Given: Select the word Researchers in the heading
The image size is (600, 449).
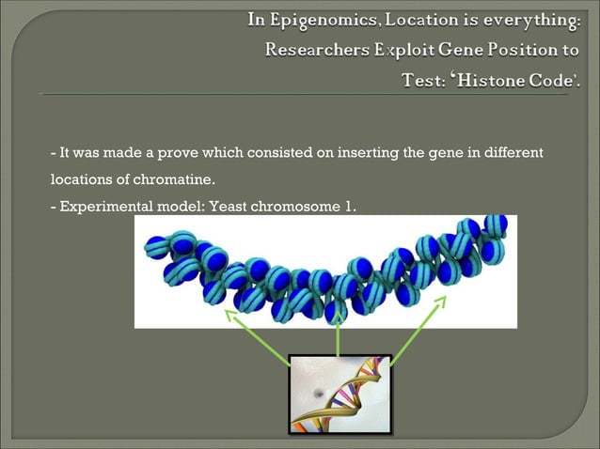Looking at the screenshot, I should (316, 50).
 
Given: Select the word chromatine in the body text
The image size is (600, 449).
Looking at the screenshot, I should (182, 178).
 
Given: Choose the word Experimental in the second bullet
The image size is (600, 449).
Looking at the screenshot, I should (99, 205).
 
